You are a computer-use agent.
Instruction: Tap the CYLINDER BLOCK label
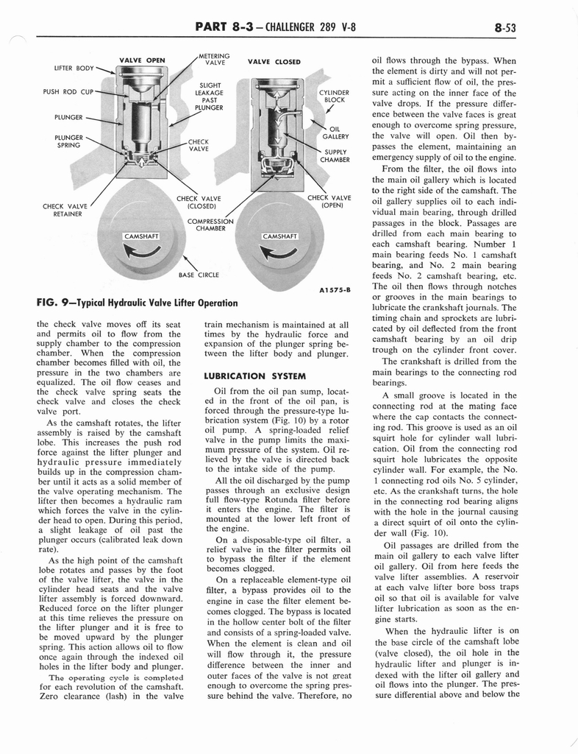[x=333, y=96]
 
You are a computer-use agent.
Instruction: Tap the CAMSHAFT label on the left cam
[x=142, y=236]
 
